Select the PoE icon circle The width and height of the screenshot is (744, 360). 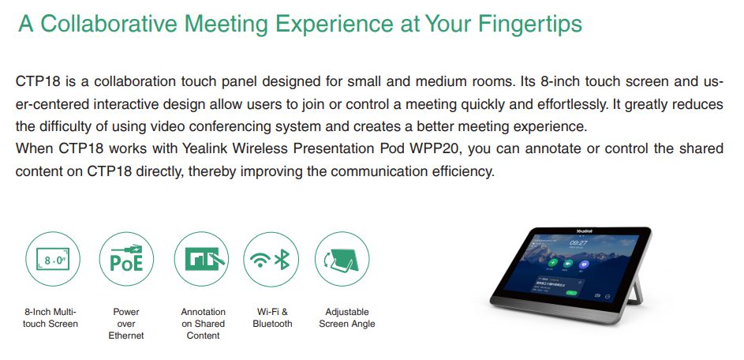pos(126,259)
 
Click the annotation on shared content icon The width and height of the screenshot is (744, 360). pos(201,259)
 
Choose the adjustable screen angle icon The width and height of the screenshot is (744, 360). pos(342,259)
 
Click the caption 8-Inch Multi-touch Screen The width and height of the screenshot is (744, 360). pos(51,317)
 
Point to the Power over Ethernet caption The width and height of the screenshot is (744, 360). pos(126,324)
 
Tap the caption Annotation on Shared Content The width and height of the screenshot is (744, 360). pos(203,324)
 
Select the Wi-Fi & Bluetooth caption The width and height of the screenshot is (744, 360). pos(272,317)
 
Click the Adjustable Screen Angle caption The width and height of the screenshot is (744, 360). pos(347,317)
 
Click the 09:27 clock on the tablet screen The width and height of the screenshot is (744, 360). pos(578,243)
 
